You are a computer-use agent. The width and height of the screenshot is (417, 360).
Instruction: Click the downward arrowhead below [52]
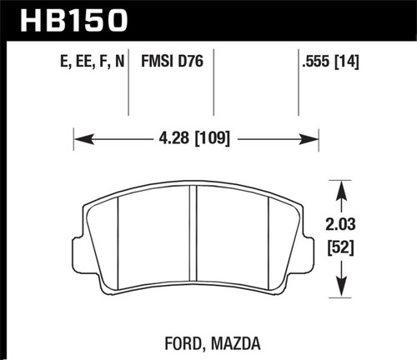(x=340, y=292)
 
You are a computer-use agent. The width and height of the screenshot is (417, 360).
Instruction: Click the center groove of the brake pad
(x=193, y=242)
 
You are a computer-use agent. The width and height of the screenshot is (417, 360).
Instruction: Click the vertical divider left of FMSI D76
(x=128, y=83)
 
